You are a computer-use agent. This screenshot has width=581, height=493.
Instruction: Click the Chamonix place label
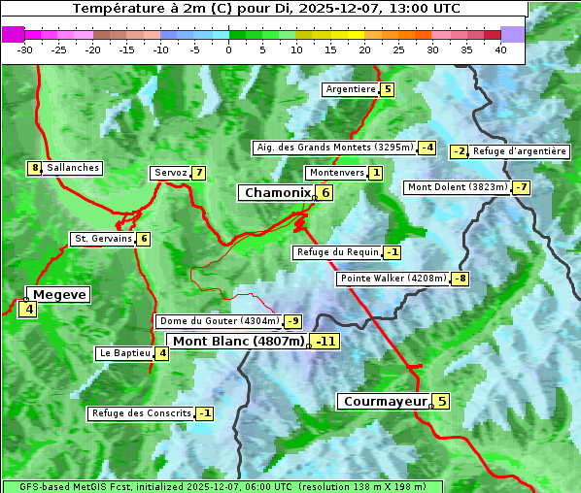(x=277, y=193)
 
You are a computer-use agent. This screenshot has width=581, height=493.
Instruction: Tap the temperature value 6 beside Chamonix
(x=325, y=193)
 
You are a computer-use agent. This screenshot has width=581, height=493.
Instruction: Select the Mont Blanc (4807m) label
(x=239, y=342)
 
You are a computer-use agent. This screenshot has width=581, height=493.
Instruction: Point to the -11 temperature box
(x=325, y=342)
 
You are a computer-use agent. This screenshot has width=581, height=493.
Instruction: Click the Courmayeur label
(x=386, y=401)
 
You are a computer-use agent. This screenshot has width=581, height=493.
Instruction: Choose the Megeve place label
(x=60, y=295)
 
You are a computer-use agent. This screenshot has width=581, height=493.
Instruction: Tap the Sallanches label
(x=73, y=168)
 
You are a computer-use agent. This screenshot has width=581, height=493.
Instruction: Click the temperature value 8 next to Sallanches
(x=35, y=168)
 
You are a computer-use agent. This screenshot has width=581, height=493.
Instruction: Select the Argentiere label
(x=351, y=89)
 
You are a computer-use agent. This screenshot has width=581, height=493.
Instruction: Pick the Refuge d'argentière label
(x=519, y=151)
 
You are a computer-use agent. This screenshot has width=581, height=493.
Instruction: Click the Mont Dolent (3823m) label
(x=458, y=187)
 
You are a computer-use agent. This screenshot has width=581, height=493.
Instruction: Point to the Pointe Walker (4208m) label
(x=393, y=279)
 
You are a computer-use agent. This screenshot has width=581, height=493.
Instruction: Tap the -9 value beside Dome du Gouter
(x=292, y=321)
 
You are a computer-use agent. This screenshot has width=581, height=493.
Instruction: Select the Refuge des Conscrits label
(x=141, y=413)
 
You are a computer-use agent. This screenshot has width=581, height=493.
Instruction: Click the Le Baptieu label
(x=125, y=353)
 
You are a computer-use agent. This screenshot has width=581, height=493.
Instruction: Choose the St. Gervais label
(x=103, y=239)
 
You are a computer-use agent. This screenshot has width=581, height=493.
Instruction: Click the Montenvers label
(x=336, y=173)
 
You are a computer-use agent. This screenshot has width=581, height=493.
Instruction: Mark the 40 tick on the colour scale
(x=500, y=49)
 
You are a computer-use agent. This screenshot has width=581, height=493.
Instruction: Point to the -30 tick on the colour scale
(x=25, y=49)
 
